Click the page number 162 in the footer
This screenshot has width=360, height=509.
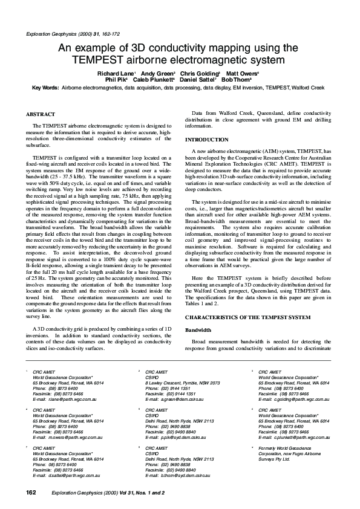[31, 493]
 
